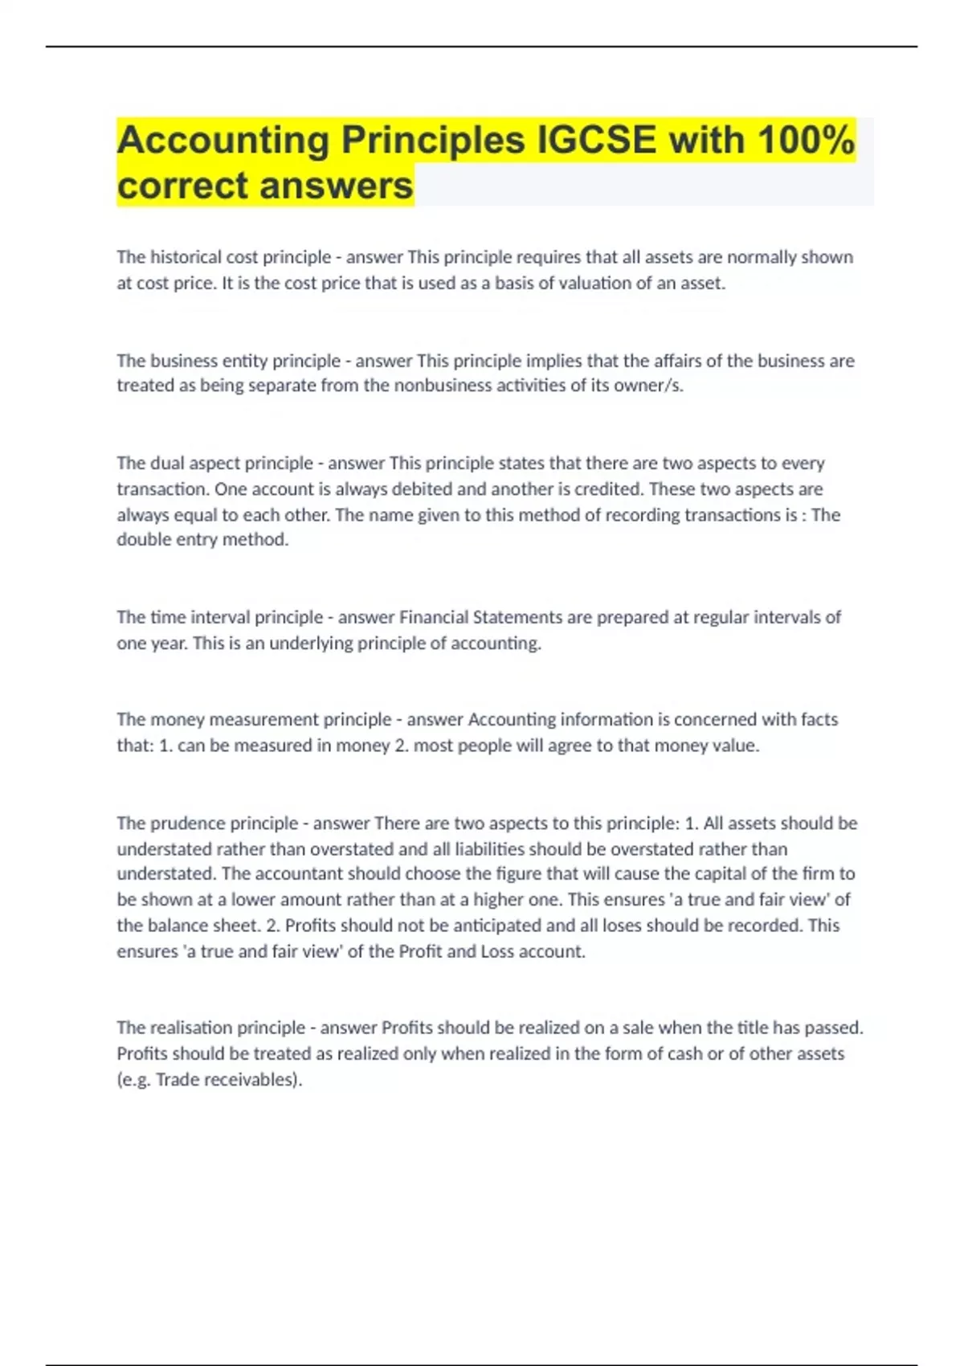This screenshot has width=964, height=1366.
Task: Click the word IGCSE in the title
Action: click(x=596, y=140)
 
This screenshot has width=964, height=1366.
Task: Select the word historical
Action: click(x=178, y=257)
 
